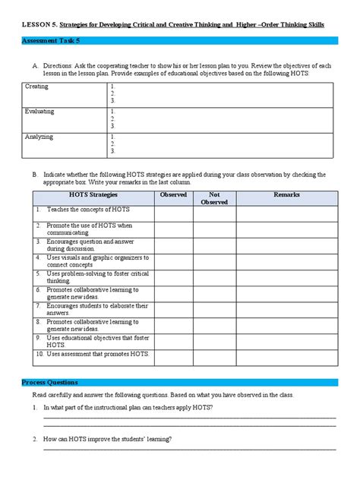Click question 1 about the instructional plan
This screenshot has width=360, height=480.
(x=128, y=408)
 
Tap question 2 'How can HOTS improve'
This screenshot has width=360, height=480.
(x=107, y=439)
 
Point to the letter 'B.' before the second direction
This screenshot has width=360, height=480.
(x=35, y=174)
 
